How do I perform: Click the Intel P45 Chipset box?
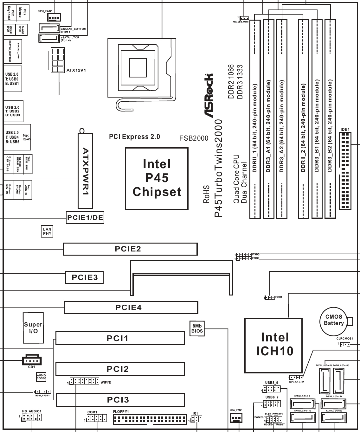[157, 179]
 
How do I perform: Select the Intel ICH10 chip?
[274, 345]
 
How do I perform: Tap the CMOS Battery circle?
[334, 320]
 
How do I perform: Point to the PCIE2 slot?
[130, 249]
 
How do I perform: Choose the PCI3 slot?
[120, 400]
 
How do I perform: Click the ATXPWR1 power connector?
[86, 171]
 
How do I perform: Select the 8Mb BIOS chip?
[197, 328]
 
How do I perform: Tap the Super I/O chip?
[33, 328]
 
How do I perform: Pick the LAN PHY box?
[47, 232]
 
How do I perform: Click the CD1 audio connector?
[31, 360]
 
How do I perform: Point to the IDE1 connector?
[345, 171]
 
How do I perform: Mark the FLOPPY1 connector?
[149, 420]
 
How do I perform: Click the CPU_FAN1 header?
[55, 18]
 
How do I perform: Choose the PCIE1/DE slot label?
[85, 218]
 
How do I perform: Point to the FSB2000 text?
[194, 138]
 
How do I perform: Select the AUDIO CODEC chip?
[41, 377]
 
